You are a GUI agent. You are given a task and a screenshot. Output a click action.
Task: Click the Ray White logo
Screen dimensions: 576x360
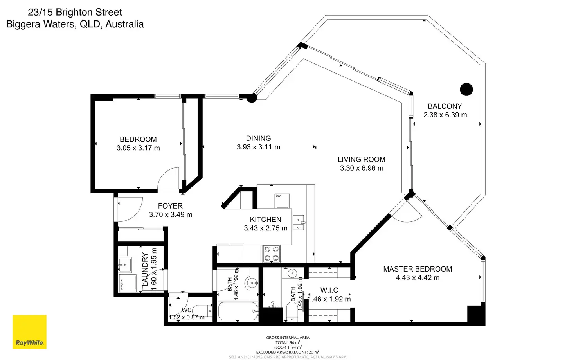(29, 332)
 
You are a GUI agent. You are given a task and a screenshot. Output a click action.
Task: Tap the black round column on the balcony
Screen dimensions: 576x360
(466, 90)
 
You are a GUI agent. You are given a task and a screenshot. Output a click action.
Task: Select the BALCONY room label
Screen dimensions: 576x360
(445, 106)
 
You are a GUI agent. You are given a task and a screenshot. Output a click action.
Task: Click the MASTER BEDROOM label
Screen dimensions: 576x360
(418, 269)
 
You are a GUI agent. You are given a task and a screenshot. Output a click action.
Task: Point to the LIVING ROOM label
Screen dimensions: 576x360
(361, 160)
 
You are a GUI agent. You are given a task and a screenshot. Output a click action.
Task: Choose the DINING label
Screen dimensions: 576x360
(258, 139)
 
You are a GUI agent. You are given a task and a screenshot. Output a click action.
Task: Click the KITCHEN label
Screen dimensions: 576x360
(265, 220)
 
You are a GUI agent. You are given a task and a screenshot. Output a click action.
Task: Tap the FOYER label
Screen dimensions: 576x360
(170, 206)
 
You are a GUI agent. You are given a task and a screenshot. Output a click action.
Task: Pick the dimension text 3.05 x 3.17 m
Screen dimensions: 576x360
(138, 148)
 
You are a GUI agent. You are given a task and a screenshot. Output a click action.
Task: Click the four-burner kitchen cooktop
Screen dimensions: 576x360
(271, 253)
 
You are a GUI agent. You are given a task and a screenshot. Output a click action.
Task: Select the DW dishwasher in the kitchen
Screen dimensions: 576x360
(282, 200)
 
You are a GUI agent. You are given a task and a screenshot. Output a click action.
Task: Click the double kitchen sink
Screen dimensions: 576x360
(298, 223)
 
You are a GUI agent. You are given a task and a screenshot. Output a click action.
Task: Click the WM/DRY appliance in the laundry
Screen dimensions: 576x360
(128, 283)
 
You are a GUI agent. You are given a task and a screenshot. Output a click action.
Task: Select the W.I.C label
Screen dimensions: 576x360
(329, 290)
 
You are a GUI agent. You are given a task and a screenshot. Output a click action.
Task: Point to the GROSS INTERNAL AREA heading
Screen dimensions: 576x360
(288, 338)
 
